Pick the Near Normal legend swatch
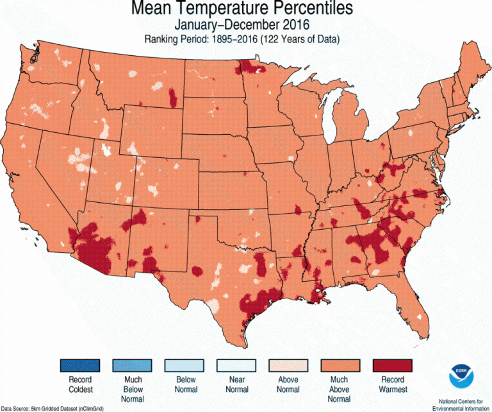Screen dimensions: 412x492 [x=236, y=366]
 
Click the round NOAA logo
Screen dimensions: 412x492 [x=459, y=373]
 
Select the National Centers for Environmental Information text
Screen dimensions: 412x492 [x=459, y=404]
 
